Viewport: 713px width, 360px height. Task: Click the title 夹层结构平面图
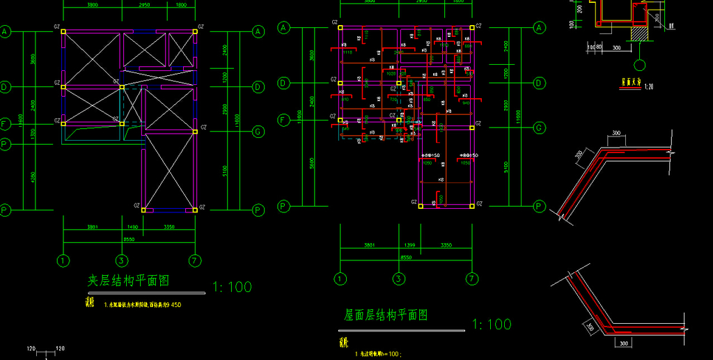(x=128, y=281)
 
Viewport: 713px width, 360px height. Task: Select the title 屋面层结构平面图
(x=386, y=315)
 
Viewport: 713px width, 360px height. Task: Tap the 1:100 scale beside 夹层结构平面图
(x=232, y=286)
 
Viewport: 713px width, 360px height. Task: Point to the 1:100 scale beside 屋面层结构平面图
(x=491, y=324)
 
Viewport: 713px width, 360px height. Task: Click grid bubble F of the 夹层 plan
(x=6, y=124)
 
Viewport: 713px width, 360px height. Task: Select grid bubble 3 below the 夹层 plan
(x=122, y=261)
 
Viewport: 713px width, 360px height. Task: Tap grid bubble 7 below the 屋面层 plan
(x=473, y=279)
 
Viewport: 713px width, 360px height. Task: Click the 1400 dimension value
(x=132, y=227)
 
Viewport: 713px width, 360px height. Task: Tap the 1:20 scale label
(x=649, y=87)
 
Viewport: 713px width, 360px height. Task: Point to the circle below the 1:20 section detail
(x=641, y=65)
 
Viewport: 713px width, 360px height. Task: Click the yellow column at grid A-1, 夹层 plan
(x=63, y=31)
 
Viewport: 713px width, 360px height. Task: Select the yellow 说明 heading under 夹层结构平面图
(x=89, y=302)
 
